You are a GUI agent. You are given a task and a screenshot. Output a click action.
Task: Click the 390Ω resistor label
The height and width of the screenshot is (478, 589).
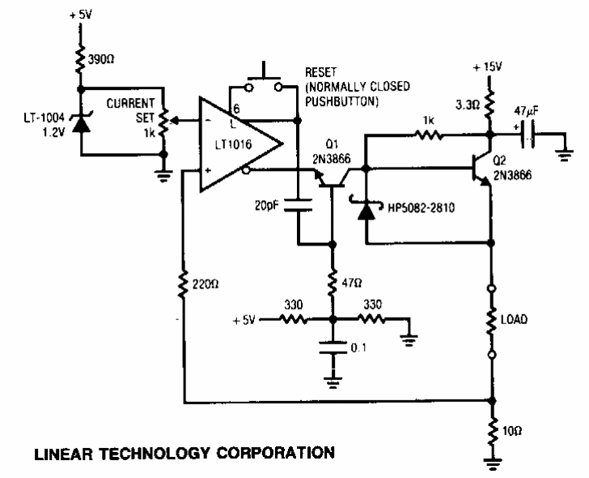(x=101, y=59)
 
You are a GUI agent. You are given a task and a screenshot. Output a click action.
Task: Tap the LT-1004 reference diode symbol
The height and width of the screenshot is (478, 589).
(x=81, y=122)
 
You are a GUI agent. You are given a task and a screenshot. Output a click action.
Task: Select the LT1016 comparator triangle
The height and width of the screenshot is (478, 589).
(x=240, y=144)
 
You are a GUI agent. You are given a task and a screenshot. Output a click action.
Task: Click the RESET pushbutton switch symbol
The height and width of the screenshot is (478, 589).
(x=263, y=81)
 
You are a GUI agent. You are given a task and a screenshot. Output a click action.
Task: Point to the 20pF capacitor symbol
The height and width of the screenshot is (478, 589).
(x=298, y=205)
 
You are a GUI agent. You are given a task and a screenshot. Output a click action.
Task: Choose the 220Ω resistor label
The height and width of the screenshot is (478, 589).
(x=206, y=284)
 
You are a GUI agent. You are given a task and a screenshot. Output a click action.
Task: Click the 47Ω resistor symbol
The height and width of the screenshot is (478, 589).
(x=333, y=282)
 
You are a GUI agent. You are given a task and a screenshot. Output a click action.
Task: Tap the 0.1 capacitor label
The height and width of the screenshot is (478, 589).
(x=358, y=348)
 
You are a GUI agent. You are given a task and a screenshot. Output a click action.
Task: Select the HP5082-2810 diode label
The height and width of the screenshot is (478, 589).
(x=421, y=207)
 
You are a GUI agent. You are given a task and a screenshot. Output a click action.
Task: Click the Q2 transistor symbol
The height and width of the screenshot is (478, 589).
(x=483, y=169)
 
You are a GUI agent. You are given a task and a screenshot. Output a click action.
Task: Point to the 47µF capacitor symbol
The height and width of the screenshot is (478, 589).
(x=528, y=134)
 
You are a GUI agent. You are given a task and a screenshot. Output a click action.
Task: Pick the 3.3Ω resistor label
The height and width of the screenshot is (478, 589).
(x=468, y=105)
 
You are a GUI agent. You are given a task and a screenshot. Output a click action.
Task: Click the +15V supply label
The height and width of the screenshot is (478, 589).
(x=487, y=67)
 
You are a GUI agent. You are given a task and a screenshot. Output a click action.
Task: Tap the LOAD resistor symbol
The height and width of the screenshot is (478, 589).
(x=491, y=322)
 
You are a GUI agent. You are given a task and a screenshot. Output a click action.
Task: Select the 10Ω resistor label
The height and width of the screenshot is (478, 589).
(x=512, y=431)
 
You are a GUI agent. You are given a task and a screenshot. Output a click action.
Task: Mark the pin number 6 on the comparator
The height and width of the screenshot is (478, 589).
(x=236, y=109)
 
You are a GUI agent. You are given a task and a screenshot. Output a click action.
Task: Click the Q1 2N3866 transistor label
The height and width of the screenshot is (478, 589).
(x=332, y=152)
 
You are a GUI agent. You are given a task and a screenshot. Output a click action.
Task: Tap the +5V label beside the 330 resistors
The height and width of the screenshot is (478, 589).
(x=244, y=320)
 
